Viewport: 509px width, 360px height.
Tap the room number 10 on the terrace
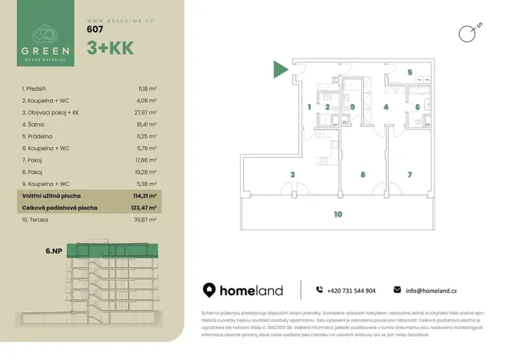[x=338, y=215]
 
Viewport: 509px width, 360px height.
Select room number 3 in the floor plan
[x=292, y=175]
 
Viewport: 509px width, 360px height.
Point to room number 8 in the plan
[x=362, y=175]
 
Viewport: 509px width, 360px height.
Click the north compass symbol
[x=464, y=32]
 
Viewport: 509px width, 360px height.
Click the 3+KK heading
[x=111, y=47]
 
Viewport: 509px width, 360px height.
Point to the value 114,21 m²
[x=145, y=196]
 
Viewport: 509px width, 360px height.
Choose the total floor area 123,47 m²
[x=145, y=207]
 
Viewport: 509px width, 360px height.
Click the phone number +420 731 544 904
[x=351, y=290]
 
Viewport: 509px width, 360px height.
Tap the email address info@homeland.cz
[x=431, y=290]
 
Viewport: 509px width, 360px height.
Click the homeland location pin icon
[x=209, y=290]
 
